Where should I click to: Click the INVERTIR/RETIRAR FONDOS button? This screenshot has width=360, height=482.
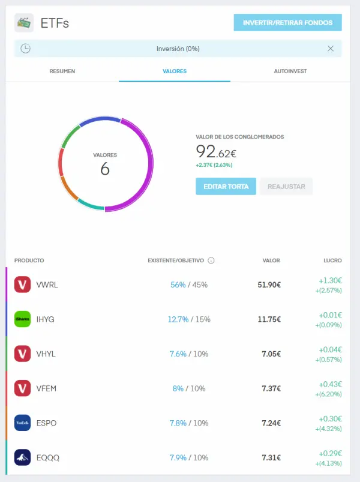tap(287, 23)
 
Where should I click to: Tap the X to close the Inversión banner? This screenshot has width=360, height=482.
tap(331, 49)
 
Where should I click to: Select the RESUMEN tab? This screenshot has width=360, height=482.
tap(62, 71)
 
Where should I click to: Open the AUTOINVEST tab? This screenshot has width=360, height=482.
tap(290, 71)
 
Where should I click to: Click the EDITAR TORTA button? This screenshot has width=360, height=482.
tap(226, 186)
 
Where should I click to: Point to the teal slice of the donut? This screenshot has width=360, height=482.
tap(90, 205)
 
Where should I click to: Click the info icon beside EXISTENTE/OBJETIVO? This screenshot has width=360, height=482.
tap(211, 261)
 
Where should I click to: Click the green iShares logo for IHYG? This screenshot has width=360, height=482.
tap(22, 319)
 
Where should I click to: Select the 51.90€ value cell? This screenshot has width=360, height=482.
tap(269, 285)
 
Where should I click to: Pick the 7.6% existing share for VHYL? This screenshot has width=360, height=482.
tap(178, 354)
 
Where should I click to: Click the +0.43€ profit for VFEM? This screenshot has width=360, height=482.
tap(331, 384)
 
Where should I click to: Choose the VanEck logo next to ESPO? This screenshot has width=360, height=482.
tap(22, 423)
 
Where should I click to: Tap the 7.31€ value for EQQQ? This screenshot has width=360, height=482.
tap(271, 458)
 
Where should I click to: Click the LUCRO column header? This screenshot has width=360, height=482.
tap(332, 261)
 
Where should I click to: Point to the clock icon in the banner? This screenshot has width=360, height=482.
tap(25, 49)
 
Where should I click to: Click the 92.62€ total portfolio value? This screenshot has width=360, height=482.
tap(217, 152)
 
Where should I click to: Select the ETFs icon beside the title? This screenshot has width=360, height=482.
tap(24, 23)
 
